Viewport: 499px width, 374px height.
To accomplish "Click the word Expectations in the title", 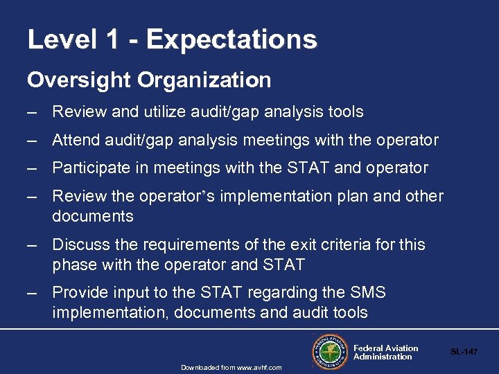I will (x=231, y=39).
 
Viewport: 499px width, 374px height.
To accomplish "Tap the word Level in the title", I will (x=62, y=39).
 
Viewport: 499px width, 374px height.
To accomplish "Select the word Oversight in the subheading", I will (x=79, y=81).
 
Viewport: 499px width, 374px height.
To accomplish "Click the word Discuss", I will (x=80, y=245).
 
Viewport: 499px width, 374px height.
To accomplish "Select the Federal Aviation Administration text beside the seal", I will (x=385, y=353).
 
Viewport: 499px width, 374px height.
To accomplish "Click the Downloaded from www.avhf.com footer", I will (x=231, y=367).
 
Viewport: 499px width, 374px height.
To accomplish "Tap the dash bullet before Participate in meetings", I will (x=32, y=168).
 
